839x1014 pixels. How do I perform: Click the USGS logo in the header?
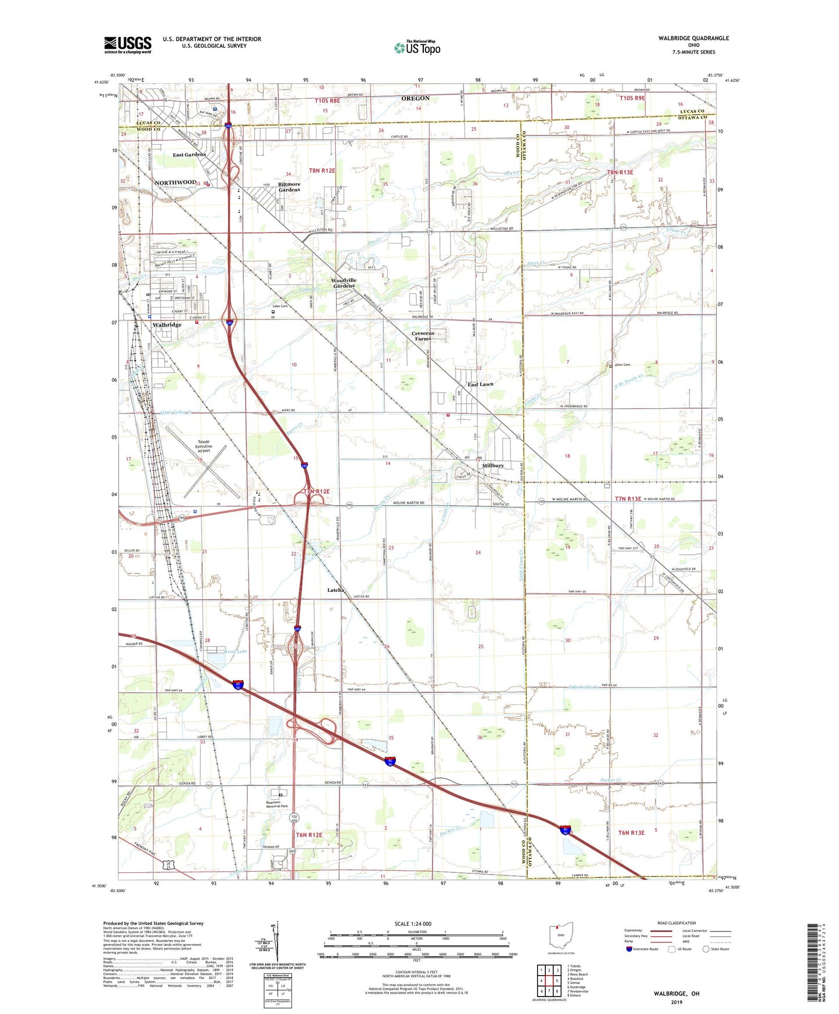tap(128, 45)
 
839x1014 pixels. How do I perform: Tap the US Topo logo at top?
tap(417, 48)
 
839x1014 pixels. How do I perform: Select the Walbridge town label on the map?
tap(167, 325)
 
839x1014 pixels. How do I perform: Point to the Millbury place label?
tap(493, 466)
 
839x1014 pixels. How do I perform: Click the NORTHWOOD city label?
tap(175, 182)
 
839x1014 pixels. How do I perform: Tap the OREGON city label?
tap(416, 99)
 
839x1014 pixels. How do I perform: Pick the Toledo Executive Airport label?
tap(203, 447)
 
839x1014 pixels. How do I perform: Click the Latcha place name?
tap(336, 590)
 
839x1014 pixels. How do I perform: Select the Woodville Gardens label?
tap(344, 283)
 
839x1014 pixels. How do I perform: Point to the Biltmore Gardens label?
tap(289, 187)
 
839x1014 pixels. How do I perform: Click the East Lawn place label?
tap(481, 384)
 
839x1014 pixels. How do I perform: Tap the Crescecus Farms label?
tap(423, 336)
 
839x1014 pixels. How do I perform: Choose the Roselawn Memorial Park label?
tap(276, 804)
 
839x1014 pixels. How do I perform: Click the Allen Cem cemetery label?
tap(622, 365)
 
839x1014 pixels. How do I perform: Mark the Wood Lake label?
tap(235, 652)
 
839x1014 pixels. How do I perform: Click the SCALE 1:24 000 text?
tap(413, 924)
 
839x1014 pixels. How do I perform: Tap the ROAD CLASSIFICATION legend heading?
tap(676, 923)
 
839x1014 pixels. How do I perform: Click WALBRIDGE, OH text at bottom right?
tap(676, 994)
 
